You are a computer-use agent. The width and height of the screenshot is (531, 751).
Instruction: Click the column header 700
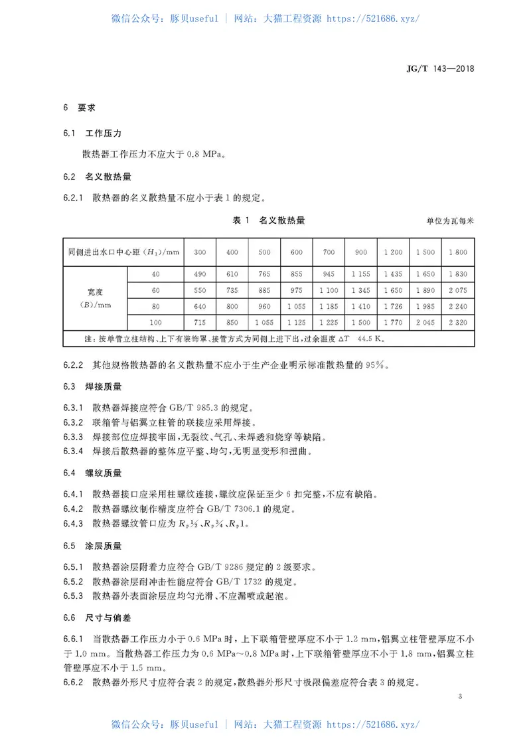pos(329,252)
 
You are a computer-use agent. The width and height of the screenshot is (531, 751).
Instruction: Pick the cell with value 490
pos(199,274)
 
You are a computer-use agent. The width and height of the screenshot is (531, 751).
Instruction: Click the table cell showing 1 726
pos(394,306)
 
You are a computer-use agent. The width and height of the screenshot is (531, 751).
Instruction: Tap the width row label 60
pos(156,290)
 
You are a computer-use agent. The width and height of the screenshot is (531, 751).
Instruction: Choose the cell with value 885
pos(264,290)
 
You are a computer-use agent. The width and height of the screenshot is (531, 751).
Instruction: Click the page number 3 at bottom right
pos(459,697)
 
